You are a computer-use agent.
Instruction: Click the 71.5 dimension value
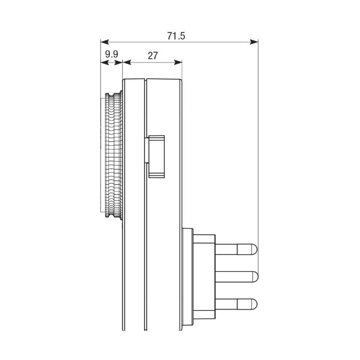coord(176,36)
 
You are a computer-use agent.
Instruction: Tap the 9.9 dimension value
coord(112,54)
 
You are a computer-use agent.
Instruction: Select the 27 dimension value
coord(153,55)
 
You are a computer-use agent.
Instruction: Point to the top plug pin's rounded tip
coord(254,249)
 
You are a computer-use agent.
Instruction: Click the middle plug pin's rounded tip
coord(256,277)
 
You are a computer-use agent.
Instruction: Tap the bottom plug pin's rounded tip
coord(254,304)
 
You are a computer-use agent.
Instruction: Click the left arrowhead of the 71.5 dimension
coord(105,42)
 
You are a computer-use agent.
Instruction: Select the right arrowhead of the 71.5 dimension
coord(254,42)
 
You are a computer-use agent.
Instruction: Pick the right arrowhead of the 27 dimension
coord(178,62)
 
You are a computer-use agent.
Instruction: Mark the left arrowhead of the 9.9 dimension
coord(104,63)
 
